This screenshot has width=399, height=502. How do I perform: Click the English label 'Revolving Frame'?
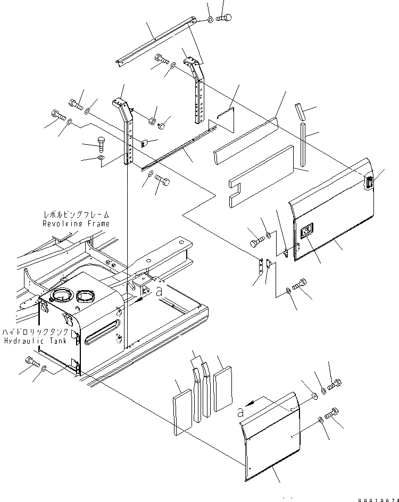click(76, 224)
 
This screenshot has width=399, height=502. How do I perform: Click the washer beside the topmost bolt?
click(211, 19)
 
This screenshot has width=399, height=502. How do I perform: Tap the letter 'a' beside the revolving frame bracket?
click(159, 291)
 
